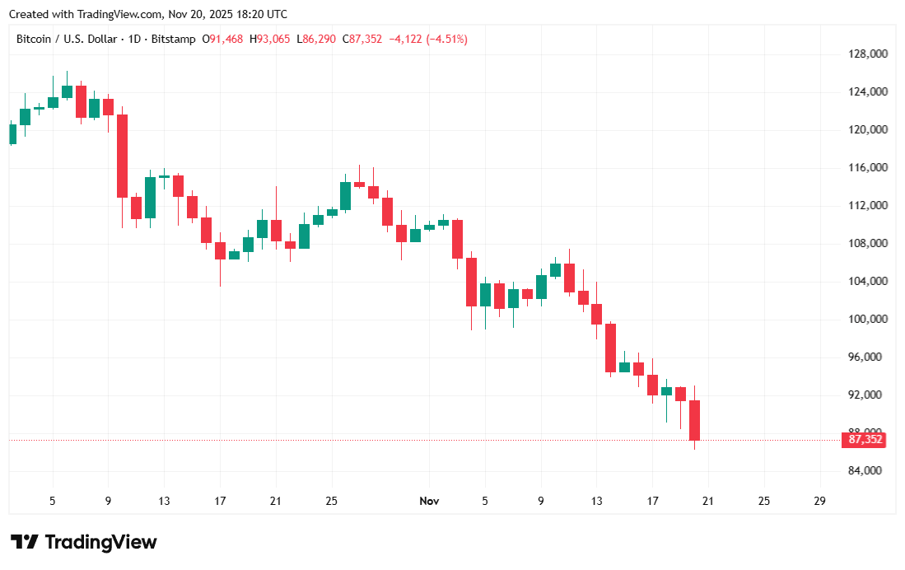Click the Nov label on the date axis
[429, 501]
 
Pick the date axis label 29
[819, 501]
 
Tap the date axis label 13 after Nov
[596, 501]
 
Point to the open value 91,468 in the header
[226, 39]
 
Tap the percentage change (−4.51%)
[446, 39]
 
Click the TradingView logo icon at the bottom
[25, 542]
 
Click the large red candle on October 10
[122, 157]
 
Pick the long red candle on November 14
[610, 348]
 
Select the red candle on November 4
[471, 282]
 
